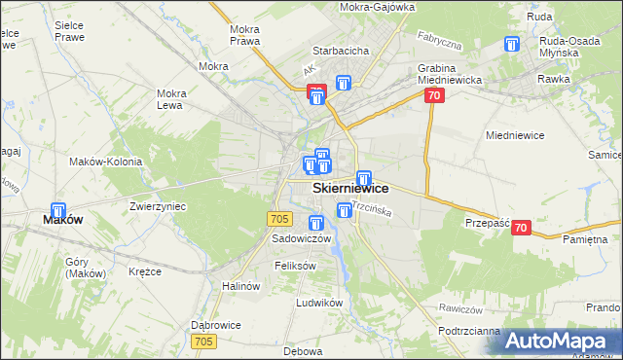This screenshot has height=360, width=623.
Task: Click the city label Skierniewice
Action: point(350,189)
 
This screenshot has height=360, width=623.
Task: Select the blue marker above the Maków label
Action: point(57,211)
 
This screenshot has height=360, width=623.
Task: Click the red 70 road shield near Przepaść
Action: point(521,228)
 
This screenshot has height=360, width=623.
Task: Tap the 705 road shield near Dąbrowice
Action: point(203,341)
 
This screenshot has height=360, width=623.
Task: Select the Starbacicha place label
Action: point(338,50)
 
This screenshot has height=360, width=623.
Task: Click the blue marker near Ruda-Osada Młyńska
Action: point(512,45)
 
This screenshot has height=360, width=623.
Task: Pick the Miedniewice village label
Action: point(514,135)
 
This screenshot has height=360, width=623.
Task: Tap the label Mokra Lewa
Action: point(171,99)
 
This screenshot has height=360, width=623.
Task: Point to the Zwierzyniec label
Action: point(158,206)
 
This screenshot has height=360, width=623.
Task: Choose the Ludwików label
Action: point(320,303)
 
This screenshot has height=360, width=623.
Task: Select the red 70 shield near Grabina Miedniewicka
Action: point(434,95)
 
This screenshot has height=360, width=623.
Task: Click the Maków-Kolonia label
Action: point(105,162)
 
